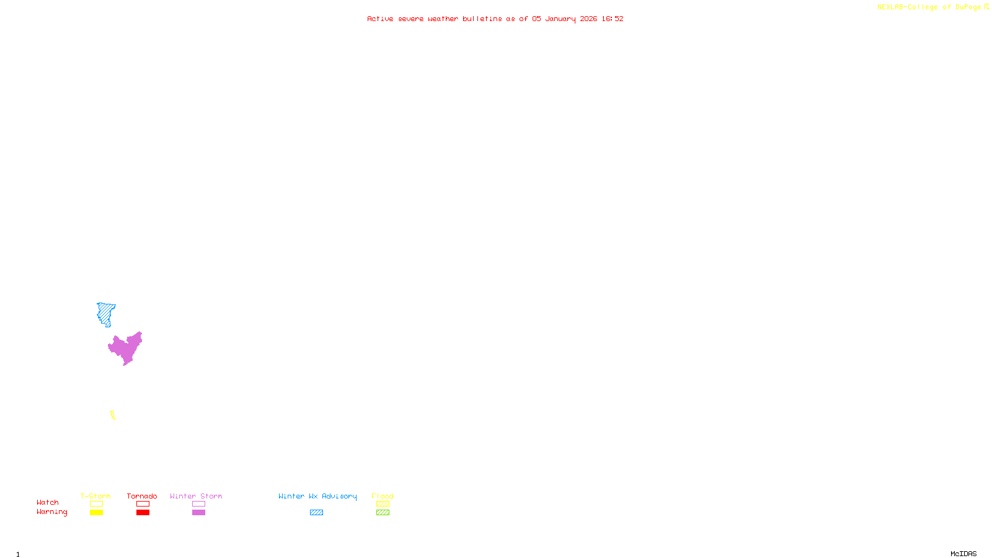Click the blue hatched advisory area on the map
coord(105,312)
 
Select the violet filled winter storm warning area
coord(126,348)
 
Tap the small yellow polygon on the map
coord(112,415)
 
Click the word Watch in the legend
coord(48,503)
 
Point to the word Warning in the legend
coord(51,512)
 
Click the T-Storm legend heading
coord(95,496)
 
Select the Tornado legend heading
coord(142,496)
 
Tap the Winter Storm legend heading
coord(196,496)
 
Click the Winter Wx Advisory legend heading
coord(317,496)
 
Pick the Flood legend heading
coord(383,496)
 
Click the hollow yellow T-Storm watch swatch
coord(96,504)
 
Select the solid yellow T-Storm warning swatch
coord(96,513)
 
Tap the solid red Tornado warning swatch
coord(143,513)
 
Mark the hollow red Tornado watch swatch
coord(143,504)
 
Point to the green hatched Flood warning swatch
coord(383,513)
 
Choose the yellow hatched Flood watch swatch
coord(383,504)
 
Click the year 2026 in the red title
coord(588,19)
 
